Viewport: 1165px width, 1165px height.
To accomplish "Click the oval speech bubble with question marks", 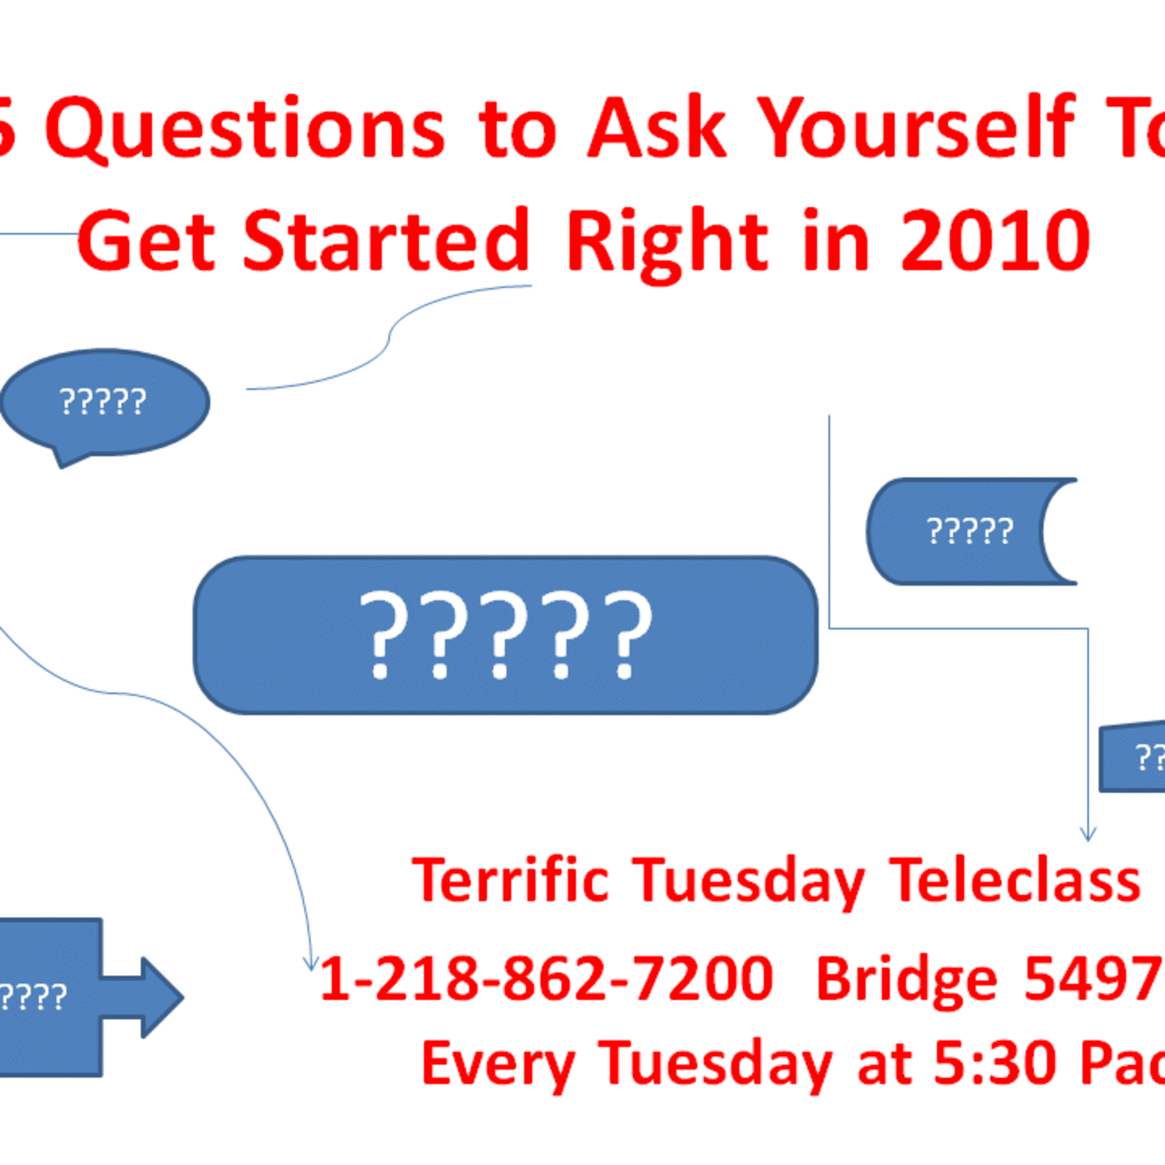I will point(105,402).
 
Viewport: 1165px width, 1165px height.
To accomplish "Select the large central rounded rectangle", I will point(505,635).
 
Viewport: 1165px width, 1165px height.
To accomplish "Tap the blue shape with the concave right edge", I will point(957,531).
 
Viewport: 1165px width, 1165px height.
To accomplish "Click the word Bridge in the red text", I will point(906,980).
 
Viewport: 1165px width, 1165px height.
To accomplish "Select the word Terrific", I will point(511,880).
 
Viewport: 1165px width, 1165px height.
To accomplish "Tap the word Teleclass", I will point(1014,880).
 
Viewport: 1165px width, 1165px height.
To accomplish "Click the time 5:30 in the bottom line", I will point(995,1063).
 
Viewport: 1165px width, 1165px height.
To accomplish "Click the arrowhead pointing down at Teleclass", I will point(1088,834).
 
